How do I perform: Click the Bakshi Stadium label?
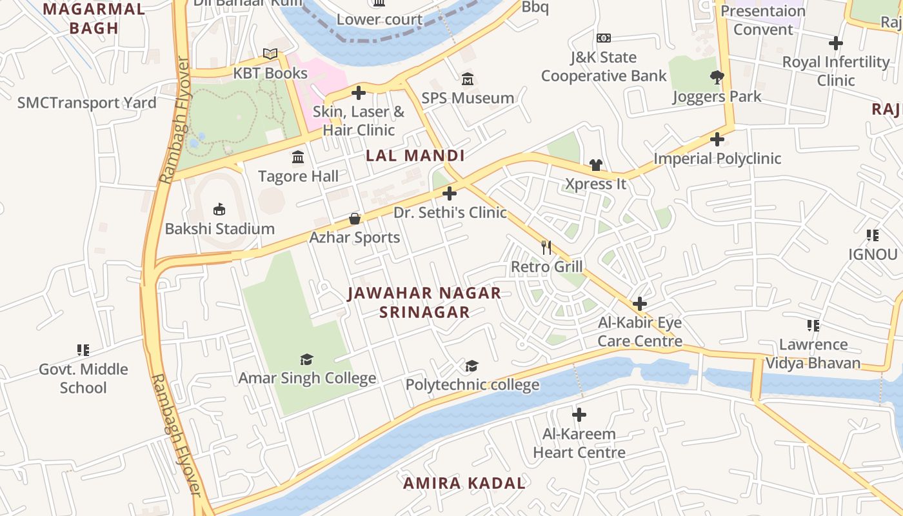(219, 229)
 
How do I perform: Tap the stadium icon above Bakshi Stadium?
(219, 209)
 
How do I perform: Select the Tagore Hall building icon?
(298, 157)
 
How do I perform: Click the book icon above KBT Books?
(270, 54)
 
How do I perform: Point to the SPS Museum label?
(468, 98)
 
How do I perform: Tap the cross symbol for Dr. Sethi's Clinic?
(450, 193)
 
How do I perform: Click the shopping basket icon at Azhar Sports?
(355, 219)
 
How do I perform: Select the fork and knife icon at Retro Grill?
(546, 247)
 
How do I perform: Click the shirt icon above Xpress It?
(595, 165)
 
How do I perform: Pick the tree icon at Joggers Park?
(717, 77)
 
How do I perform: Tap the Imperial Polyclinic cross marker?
(717, 139)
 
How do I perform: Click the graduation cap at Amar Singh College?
(307, 359)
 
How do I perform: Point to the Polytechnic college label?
(472, 385)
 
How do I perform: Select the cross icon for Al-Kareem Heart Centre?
(579, 414)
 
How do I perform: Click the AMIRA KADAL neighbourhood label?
(464, 483)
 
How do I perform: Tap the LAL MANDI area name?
(415, 155)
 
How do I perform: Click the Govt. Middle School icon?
(83, 350)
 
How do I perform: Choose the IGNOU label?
(873, 254)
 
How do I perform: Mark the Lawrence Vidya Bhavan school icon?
(813, 325)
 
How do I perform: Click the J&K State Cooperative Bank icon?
(604, 38)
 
